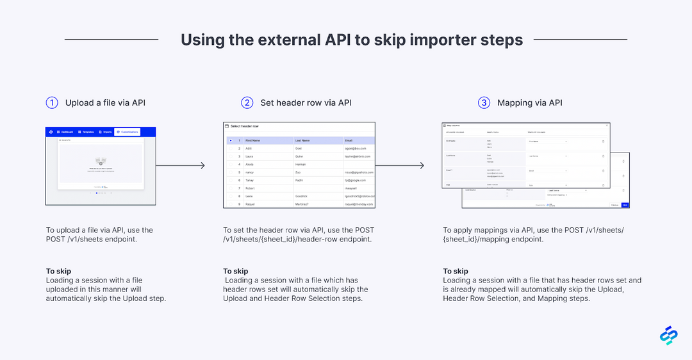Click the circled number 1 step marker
(52, 102)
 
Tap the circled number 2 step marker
(247, 102)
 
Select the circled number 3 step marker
(484, 102)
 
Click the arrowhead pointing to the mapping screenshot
(421, 166)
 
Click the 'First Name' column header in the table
(252, 140)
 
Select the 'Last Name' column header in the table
(302, 140)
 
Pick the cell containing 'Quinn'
(299, 156)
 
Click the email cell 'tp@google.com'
(355, 180)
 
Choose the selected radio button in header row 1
(230, 140)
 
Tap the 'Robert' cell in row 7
(251, 188)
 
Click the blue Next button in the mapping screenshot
(625, 205)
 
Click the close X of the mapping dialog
(607, 126)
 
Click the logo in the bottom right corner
(668, 336)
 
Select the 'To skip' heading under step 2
(235, 271)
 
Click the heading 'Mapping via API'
(530, 102)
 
